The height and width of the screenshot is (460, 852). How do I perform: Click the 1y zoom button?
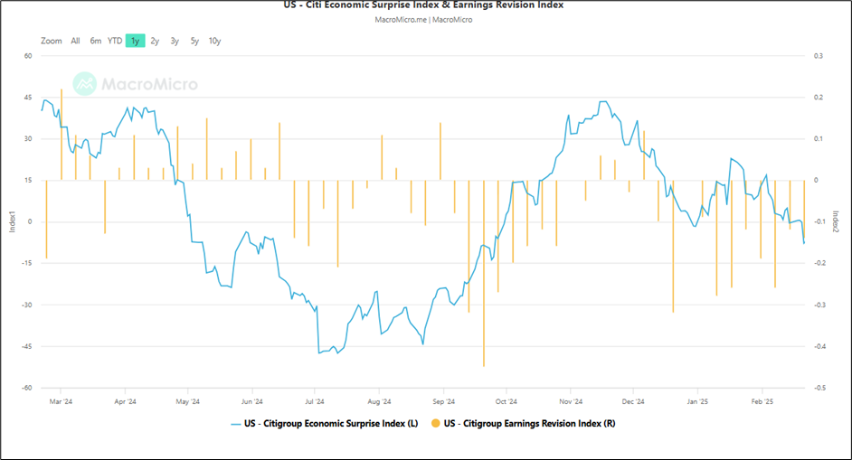(x=135, y=41)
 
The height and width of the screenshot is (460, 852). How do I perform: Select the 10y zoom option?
(x=214, y=41)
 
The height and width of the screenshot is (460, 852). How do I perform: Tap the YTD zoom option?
(x=115, y=41)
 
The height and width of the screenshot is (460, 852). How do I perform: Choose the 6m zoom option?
(x=95, y=41)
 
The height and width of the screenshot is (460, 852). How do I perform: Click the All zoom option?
(x=75, y=41)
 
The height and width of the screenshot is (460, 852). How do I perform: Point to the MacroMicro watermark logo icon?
(x=85, y=84)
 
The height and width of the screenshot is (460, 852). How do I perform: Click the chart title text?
(x=423, y=5)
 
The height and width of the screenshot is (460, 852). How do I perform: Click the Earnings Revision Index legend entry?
(x=524, y=422)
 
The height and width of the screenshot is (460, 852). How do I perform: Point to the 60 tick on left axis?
(x=28, y=56)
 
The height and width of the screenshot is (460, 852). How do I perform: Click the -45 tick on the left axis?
(x=26, y=346)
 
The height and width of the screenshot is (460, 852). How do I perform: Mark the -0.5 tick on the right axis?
(x=819, y=388)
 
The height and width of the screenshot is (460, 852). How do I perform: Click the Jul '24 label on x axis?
(x=316, y=401)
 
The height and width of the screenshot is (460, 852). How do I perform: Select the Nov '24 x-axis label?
(x=571, y=401)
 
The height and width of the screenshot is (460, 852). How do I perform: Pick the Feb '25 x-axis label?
(x=762, y=401)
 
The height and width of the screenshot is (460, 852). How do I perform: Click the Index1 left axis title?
(x=12, y=221)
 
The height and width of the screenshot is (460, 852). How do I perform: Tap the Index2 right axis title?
(x=837, y=221)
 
